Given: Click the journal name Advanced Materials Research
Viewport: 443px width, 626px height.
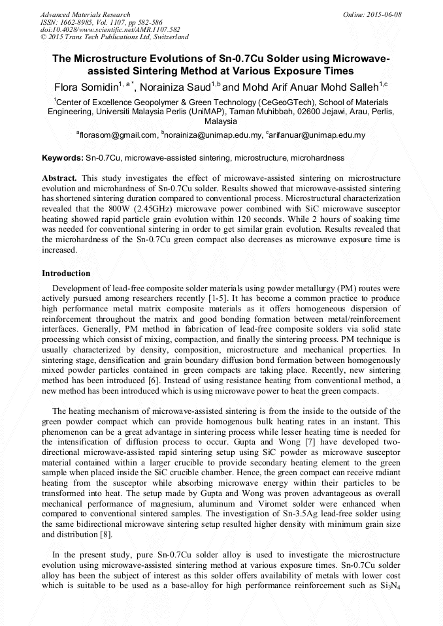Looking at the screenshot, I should [x=85, y=14].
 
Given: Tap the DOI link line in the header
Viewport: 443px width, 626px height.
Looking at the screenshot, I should [x=101, y=30].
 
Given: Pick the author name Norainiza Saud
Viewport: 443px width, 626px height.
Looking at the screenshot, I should [x=176, y=86].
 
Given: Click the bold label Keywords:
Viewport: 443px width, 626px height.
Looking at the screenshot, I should [x=63, y=158].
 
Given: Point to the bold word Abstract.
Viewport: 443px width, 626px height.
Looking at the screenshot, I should [x=59, y=178].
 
